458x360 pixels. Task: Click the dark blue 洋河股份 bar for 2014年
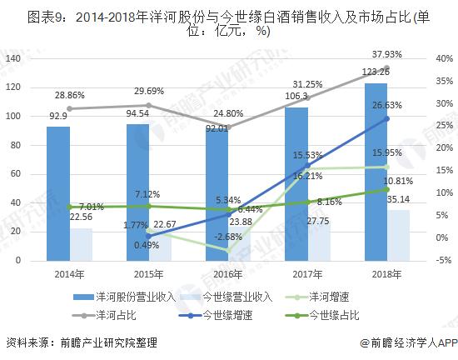(58, 192)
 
